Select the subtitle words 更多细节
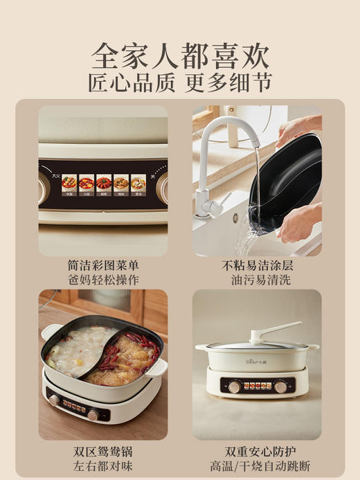pos(229,83)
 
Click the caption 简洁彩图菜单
pos(103,266)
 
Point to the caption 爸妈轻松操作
pos(103,280)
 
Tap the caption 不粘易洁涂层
pos(257,266)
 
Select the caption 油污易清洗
pos(257,280)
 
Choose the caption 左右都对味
pos(103,465)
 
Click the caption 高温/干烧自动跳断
pos(257,465)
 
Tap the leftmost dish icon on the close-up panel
pos(69,183)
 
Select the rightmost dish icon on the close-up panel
pos(138,183)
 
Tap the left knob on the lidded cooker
pos(234,386)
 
